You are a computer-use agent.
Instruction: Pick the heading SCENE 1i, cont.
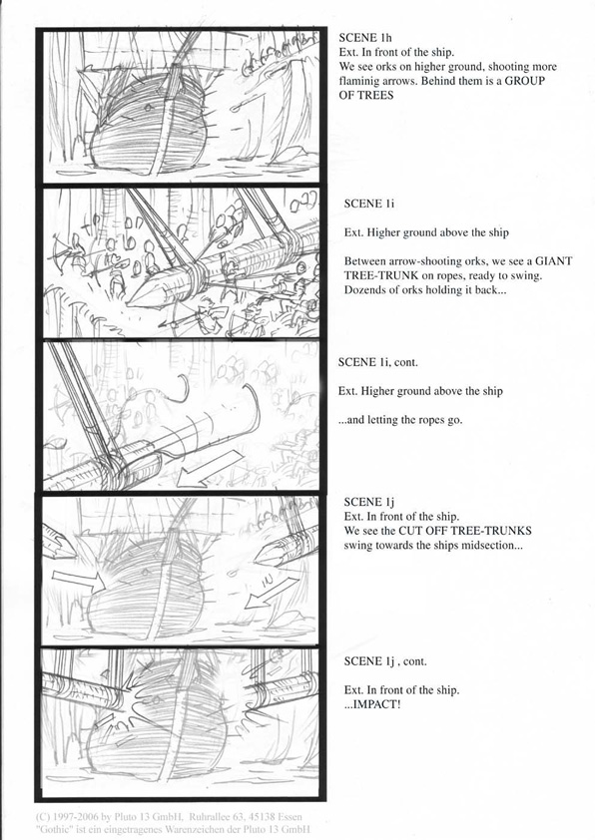pyautogui.click(x=378, y=363)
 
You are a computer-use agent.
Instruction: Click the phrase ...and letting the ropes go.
pyautogui.click(x=400, y=420)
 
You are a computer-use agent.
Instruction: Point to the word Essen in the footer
pyautogui.click(x=289, y=817)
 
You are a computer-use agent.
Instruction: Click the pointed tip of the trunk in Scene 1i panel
pyautogui.click(x=129, y=303)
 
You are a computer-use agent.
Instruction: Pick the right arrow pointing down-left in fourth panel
pyautogui.click(x=271, y=593)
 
